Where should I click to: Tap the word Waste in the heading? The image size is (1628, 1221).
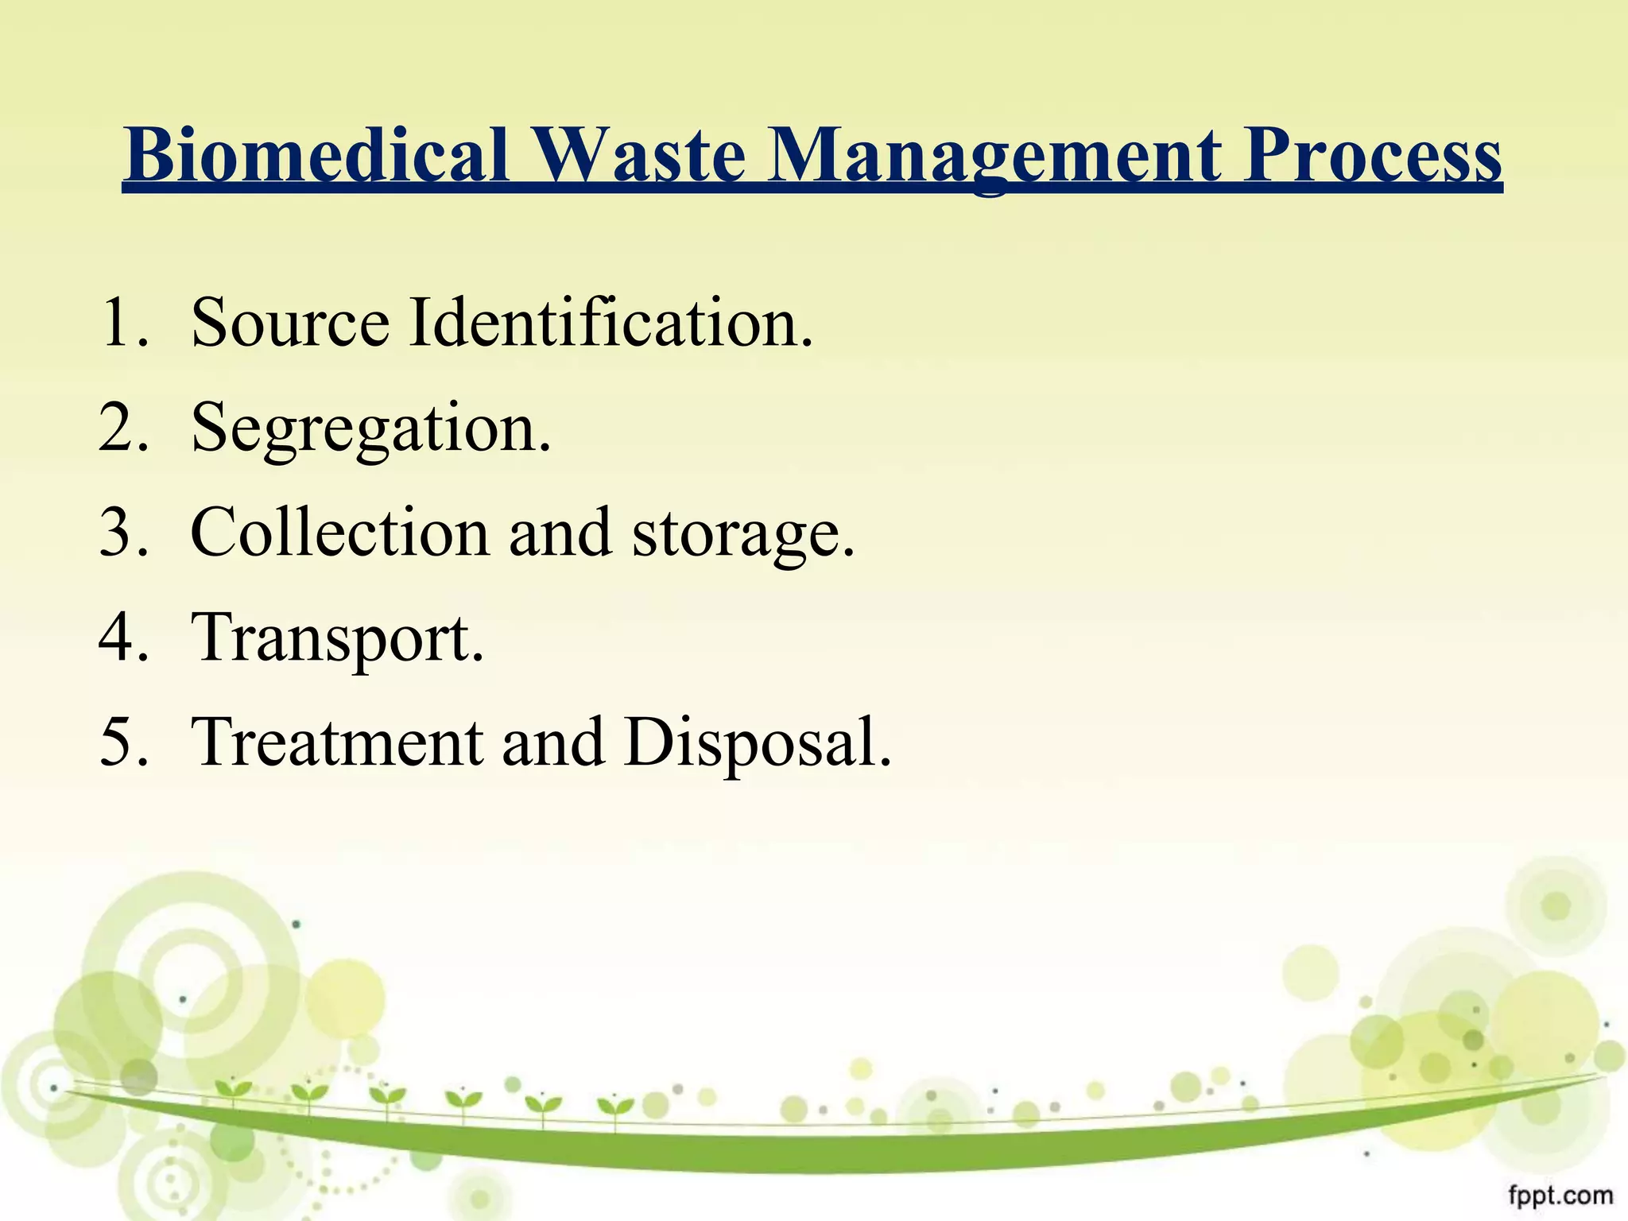pyautogui.click(x=642, y=154)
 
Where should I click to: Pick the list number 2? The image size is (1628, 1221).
pyautogui.click(x=122, y=428)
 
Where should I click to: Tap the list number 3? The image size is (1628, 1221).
pyautogui.click(x=122, y=533)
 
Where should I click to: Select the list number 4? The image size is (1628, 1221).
pyautogui.click(x=122, y=638)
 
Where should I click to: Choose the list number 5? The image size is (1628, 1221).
pyautogui.click(x=122, y=742)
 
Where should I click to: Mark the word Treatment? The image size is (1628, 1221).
pyautogui.click(x=338, y=742)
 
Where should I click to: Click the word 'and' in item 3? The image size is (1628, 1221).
pyautogui.click(x=560, y=533)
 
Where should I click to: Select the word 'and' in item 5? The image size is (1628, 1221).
pyautogui.click(x=552, y=742)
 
